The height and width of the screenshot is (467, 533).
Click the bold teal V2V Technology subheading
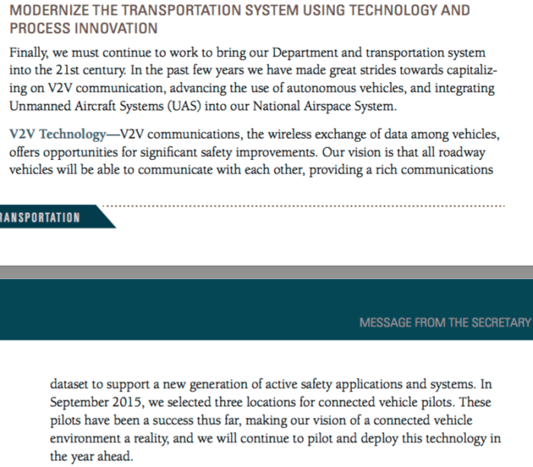(x=58, y=135)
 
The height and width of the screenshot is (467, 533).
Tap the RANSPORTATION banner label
(x=40, y=217)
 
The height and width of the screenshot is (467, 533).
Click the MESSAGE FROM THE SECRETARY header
(x=444, y=322)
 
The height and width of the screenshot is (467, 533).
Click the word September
(x=81, y=403)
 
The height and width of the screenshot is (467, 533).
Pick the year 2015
(x=131, y=403)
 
